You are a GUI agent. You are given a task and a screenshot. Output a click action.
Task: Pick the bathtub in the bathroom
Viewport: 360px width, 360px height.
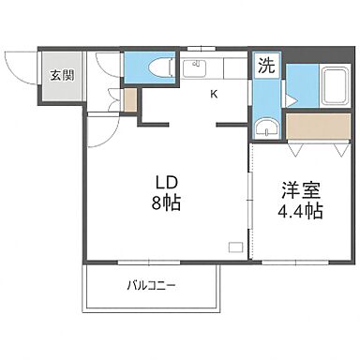[334, 87]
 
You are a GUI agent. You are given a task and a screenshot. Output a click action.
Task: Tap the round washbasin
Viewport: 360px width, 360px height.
[265, 128]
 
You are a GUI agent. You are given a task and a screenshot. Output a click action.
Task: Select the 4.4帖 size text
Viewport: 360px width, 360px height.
[299, 210]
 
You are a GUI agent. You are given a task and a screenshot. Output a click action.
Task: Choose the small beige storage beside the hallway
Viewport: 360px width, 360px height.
[130, 98]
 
